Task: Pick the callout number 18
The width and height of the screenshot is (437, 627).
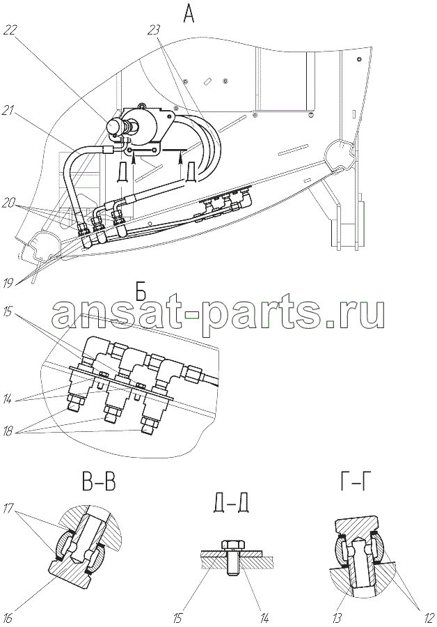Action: pyautogui.click(x=9, y=432)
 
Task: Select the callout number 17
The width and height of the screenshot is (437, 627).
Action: pyautogui.click(x=9, y=508)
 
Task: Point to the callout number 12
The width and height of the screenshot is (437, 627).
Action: pyautogui.click(x=428, y=618)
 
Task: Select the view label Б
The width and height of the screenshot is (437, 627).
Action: pyautogui.click(x=141, y=294)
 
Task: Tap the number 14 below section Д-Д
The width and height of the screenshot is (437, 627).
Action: pyautogui.click(x=264, y=618)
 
